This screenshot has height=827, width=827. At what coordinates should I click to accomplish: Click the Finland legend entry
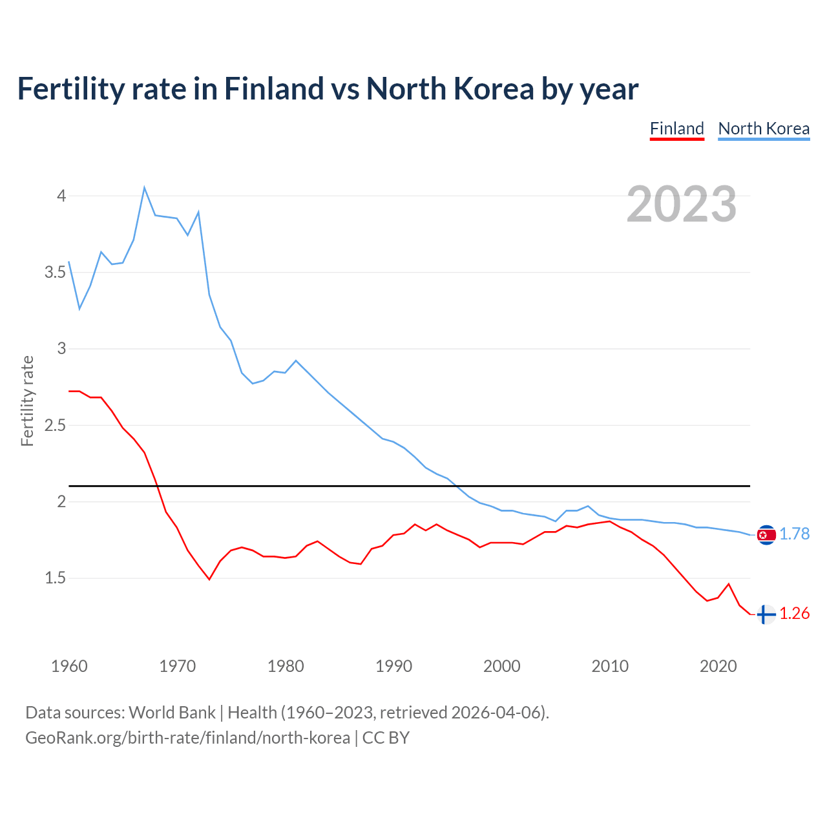(676, 129)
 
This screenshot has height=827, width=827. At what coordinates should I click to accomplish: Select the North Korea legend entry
(764, 129)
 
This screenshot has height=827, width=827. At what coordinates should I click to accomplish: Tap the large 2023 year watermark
(682, 204)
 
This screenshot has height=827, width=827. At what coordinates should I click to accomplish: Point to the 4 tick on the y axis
(62, 196)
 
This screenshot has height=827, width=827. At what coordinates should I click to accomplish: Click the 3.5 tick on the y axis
(56, 273)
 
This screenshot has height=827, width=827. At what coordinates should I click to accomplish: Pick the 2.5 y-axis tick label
(56, 426)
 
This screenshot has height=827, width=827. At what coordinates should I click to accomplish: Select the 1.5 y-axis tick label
(56, 578)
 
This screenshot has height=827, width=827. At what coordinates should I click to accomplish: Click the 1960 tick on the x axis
(69, 666)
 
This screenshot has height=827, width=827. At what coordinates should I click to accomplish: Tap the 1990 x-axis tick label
(393, 666)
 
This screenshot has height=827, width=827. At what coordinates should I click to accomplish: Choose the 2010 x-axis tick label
(610, 666)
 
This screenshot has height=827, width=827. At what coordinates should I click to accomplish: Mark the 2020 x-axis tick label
(718, 666)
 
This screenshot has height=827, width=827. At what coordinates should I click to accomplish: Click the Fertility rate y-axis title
(27, 401)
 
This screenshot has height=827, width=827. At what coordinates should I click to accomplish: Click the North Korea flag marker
(766, 535)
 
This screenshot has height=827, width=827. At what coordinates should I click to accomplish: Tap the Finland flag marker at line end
(766, 614)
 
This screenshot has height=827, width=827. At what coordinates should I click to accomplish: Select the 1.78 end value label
(794, 534)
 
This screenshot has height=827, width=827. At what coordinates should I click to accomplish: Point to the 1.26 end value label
(794, 614)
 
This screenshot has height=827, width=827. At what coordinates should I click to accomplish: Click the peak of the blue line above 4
(144, 188)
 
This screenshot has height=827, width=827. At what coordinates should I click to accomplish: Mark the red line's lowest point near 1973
(209, 579)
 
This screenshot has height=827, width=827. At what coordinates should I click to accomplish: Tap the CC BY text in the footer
(386, 738)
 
